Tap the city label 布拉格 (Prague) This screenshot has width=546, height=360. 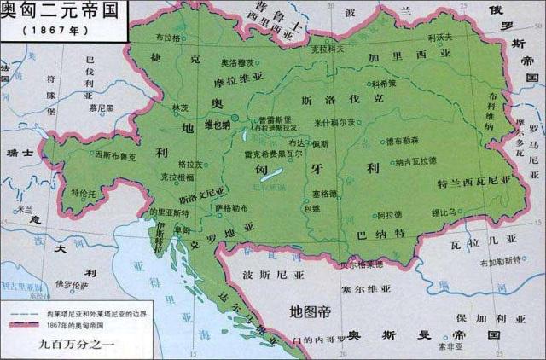(x=171, y=39)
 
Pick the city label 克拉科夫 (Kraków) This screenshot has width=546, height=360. (x=328, y=49)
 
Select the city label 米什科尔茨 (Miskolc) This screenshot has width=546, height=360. (x=337, y=123)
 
